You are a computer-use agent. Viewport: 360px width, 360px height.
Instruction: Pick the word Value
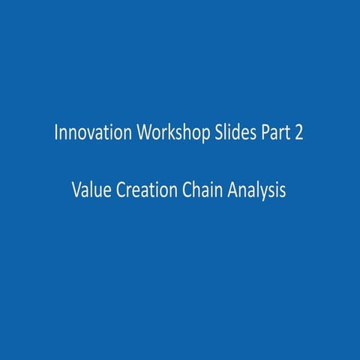(90, 190)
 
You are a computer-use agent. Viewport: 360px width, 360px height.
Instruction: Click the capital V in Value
(76, 190)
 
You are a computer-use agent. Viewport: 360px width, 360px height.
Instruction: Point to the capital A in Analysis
(226, 190)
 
